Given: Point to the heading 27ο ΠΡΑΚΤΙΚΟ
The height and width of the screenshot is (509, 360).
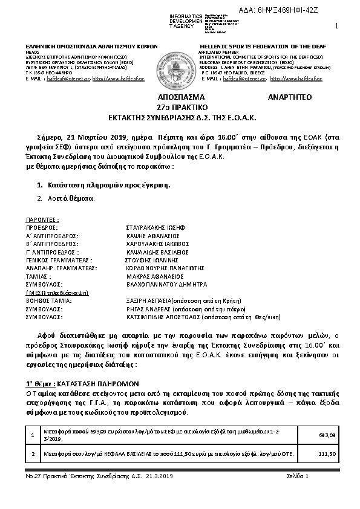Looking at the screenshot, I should [179, 106].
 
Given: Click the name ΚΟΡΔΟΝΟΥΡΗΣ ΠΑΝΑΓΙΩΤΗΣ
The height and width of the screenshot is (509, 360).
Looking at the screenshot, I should [155, 265].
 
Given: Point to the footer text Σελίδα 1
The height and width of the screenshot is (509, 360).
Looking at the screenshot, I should [297, 476].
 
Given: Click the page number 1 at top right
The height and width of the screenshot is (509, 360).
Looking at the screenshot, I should [336, 25].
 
